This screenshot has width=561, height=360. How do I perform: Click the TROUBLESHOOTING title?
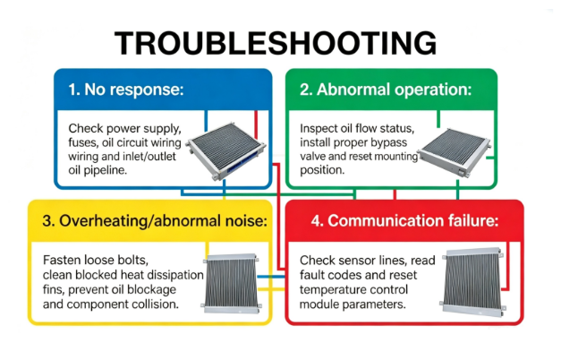276,43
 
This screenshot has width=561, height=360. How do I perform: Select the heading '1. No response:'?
126,90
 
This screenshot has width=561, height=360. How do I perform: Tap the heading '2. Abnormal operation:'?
386,90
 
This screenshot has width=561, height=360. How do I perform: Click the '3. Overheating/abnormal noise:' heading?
155,220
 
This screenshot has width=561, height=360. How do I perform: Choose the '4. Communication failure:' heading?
404,220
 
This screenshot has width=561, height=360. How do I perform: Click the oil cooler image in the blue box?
226,150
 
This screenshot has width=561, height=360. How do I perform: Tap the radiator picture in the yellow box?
231,283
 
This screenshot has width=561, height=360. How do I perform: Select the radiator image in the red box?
473,281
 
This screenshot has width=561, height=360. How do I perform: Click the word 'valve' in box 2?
312,157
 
